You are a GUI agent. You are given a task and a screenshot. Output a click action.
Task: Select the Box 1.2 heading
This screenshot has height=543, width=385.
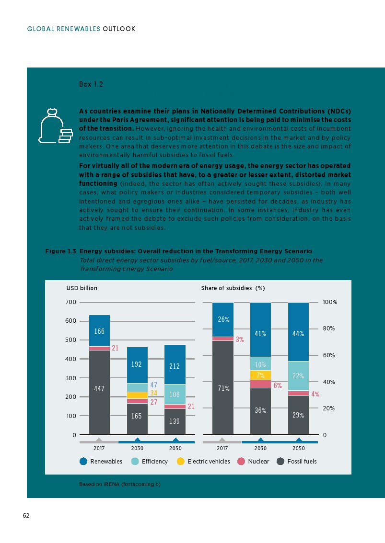tap(91, 84)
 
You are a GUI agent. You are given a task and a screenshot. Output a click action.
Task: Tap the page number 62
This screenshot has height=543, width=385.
tap(26, 515)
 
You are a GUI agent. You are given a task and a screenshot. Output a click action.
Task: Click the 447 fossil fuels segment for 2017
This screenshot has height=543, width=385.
tap(99, 389)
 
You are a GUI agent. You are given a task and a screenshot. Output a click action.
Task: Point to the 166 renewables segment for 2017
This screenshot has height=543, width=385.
tap(99, 331)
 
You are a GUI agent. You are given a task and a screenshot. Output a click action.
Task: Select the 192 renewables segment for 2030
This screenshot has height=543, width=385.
tap(137, 364)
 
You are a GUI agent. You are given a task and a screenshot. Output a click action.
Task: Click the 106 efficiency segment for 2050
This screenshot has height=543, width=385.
tap(175, 394)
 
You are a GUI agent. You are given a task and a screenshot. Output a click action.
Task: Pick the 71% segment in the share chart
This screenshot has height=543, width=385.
tap(222, 388)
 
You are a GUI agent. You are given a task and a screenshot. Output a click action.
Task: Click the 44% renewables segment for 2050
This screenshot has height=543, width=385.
tap(298, 334)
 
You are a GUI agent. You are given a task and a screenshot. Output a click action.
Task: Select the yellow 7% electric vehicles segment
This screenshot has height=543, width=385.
tap(260, 375)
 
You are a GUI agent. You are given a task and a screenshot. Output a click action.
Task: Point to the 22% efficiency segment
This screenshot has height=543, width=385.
tap(298, 376)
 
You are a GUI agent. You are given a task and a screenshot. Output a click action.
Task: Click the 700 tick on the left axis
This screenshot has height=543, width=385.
tap(70, 302)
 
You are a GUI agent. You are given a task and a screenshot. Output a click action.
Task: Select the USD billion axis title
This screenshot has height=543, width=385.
tap(82, 288)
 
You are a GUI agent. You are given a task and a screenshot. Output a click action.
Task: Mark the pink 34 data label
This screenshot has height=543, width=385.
tap(154, 393)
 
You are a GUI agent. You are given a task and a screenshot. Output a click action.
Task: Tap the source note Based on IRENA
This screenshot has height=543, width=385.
tap(119, 484)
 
